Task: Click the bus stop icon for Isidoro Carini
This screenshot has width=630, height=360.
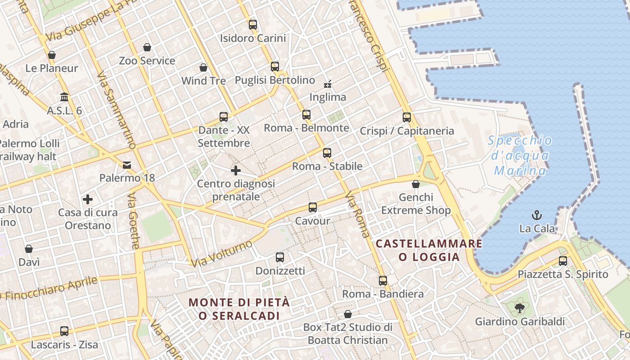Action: pos(253,25)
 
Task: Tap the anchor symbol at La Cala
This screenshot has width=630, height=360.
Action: pos(537,215)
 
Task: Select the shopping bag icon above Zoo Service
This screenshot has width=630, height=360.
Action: pos(147,47)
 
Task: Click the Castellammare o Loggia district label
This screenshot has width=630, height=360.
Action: pos(429,250)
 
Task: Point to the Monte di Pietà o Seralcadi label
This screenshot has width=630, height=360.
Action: pos(239,309)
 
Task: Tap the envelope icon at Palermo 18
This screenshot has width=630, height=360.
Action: pos(127,165)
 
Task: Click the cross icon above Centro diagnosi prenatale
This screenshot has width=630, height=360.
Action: pos(236,171)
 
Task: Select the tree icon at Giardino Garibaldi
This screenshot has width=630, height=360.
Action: pos(519,308)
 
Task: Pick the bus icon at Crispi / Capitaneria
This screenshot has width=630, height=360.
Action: pos(407,117)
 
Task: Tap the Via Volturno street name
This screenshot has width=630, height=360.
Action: pos(221,253)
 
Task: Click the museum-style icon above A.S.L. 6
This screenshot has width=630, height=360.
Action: pos(64,97)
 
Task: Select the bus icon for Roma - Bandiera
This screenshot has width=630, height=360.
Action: pos(383,281)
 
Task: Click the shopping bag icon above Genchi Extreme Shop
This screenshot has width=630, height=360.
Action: pos(416,184)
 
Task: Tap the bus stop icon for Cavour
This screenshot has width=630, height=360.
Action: pos(313,207)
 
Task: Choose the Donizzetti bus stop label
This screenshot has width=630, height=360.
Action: pos(280,271)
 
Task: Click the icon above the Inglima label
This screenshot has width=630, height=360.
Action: pos(328,84)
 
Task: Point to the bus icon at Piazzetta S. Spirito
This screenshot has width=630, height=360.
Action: pos(562,261)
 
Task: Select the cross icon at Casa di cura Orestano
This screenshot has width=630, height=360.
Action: pos(88,199)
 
